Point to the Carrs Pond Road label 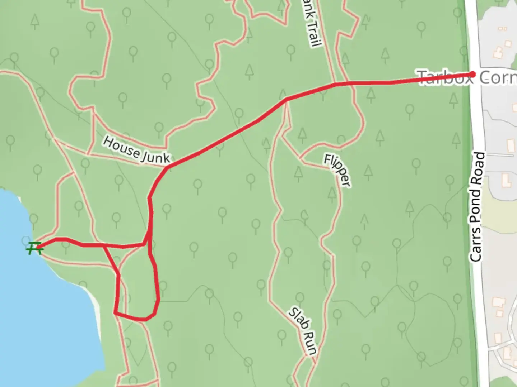coord(478,207)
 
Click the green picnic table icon coord(34,248)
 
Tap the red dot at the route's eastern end coord(473,74)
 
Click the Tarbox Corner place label coord(467,77)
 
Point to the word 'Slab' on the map coord(298,319)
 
